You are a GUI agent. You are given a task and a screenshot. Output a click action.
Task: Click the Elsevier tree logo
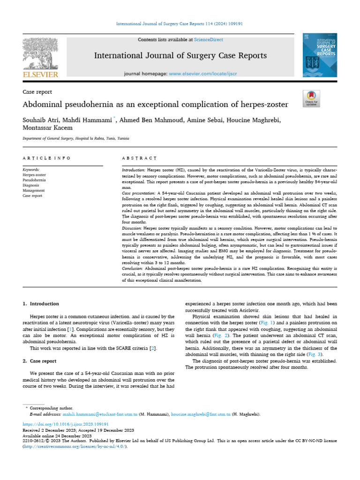point(40,54)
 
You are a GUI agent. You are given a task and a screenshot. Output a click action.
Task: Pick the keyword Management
point(34,191)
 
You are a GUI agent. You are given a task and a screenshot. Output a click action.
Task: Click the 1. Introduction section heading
point(41,304)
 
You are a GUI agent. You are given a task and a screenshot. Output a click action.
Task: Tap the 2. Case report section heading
point(40,361)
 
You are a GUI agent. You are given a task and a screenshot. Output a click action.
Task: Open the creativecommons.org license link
point(75,447)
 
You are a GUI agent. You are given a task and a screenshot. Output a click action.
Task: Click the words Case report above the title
point(37,92)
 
